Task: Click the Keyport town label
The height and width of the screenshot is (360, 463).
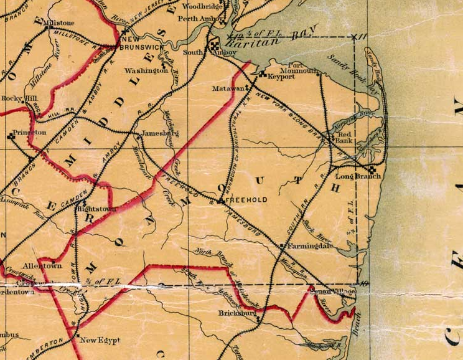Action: [281, 77]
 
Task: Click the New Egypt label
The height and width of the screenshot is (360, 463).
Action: [100, 340]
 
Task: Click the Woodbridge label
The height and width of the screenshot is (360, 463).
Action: [203, 6]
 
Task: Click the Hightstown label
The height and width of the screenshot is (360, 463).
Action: [96, 209]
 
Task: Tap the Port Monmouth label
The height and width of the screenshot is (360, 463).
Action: [303, 68]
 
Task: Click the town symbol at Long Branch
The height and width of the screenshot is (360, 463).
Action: [372, 169]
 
